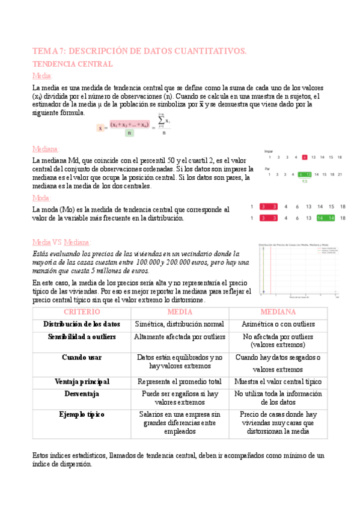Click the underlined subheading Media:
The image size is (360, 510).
(43, 75)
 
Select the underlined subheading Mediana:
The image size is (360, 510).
(46, 149)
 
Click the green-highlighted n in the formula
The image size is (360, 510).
(129, 133)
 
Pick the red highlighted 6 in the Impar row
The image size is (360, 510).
(305, 158)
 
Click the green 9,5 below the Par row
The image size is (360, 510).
(305, 181)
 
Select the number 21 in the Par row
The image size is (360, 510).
(340, 174)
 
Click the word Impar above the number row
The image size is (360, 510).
(269, 151)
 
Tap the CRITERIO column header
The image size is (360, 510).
(81, 312)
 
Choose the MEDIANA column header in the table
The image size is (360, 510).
(278, 312)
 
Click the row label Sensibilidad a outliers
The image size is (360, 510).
(82, 336)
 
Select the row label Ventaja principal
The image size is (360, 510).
(82, 381)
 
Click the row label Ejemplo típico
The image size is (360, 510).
(82, 414)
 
